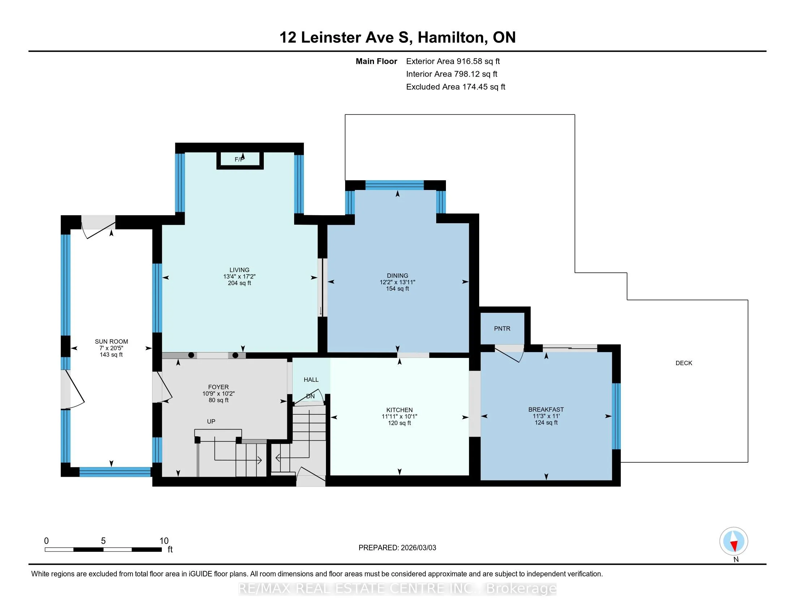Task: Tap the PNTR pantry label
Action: [x=502, y=328]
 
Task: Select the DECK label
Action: [x=684, y=363]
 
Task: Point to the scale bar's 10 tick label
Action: [x=164, y=541]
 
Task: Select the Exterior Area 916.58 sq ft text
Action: [x=453, y=61]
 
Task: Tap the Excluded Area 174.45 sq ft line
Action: [x=456, y=87]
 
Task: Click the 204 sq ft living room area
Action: [x=240, y=283]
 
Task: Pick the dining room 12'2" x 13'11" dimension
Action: [x=397, y=282]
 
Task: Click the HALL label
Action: [x=311, y=380]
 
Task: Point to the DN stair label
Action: [x=310, y=396]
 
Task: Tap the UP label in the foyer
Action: [x=211, y=421]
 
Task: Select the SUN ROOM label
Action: [x=111, y=342]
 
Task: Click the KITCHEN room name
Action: [x=399, y=410]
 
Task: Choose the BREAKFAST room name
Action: [x=546, y=410]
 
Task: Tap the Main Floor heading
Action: [x=377, y=61]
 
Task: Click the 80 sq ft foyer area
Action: [x=218, y=400]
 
